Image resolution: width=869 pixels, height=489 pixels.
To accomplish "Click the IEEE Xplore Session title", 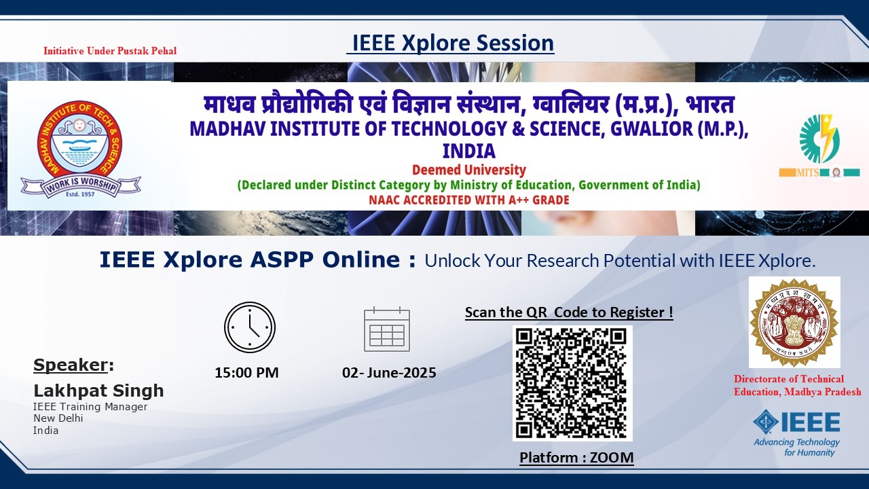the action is [450, 43].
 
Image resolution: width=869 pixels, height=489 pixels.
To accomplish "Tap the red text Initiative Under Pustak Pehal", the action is [110, 51].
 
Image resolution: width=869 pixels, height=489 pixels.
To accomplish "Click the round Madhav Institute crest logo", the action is [79, 143].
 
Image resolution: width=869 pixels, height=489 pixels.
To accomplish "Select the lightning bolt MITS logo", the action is [819, 139].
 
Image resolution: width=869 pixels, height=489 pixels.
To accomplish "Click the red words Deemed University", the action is [469, 170].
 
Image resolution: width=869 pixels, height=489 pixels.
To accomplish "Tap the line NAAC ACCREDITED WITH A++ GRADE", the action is [469, 200].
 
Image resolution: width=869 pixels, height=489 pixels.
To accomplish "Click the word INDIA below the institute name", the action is [469, 151].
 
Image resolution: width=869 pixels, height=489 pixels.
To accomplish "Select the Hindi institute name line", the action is [469, 104].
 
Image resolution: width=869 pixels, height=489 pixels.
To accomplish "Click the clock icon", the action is [250, 327].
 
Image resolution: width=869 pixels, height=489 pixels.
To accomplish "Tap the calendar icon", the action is [387, 329].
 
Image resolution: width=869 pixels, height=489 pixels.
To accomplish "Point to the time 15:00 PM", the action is [246, 373].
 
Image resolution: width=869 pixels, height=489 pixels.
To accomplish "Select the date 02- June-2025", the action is [389, 373].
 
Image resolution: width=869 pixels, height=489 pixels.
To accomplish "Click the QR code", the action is [572, 384].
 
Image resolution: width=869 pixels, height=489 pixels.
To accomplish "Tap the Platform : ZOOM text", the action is [576, 458].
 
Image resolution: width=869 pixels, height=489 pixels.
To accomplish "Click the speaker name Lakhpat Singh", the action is [98, 391].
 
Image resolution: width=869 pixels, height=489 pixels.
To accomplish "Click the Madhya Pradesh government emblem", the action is [794, 322].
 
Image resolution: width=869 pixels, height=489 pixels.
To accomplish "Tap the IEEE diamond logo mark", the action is [765, 422].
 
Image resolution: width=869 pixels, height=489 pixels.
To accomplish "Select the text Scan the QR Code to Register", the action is [569, 312].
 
